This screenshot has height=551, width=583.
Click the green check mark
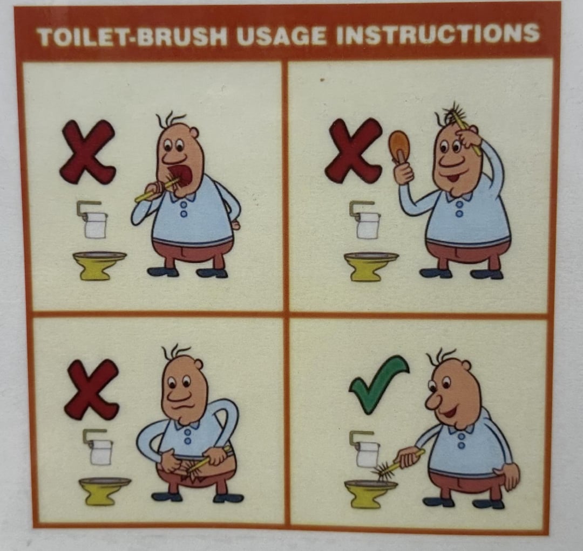pyautogui.click(x=379, y=384)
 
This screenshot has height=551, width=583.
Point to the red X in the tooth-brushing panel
pyautogui.click(x=88, y=151)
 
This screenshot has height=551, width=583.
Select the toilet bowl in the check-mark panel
pyautogui.click(x=370, y=493)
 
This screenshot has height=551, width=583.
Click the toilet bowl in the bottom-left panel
pyautogui.click(x=105, y=491)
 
